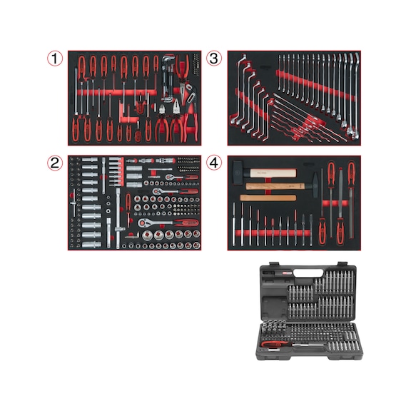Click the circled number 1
pyautogui.click(x=56, y=59)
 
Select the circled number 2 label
pyautogui.click(x=56, y=163)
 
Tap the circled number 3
pyautogui.click(x=213, y=59)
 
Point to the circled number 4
pyautogui.click(x=213, y=163)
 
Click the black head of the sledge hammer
pyautogui.click(x=245, y=173)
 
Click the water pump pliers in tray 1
pyautogui.click(x=168, y=71)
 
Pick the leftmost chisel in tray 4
pyautogui.click(x=234, y=224)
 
